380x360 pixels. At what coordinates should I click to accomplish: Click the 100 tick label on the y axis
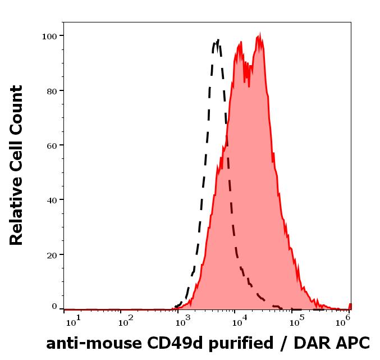(49, 37)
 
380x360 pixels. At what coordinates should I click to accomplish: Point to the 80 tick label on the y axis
(52, 92)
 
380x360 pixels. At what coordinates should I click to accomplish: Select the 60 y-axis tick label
(52, 146)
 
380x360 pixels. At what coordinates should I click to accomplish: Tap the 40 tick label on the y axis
(52, 200)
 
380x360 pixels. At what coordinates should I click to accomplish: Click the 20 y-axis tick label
(52, 256)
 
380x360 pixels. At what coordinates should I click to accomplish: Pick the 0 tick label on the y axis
(54, 307)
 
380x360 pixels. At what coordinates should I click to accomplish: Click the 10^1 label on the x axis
(73, 321)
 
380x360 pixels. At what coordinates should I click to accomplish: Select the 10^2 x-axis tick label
(126, 321)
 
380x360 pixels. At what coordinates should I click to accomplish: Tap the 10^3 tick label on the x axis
(183, 321)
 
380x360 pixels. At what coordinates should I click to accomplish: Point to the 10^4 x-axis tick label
(240, 321)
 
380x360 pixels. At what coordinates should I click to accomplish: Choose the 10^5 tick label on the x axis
(297, 321)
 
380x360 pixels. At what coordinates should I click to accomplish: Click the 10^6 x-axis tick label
(343, 321)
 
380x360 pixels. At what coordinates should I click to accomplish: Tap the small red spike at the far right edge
(350, 307)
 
